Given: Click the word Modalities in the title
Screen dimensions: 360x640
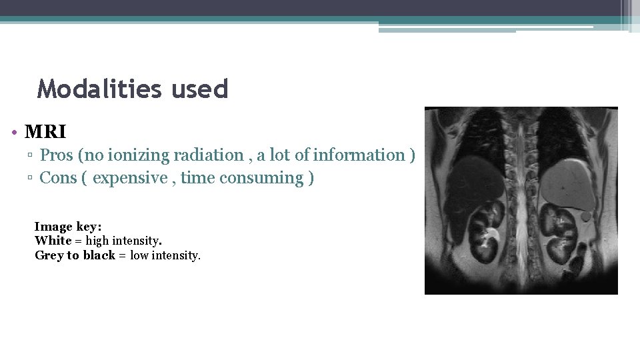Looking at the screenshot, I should (98, 89).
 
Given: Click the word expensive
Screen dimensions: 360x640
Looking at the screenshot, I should (130, 178).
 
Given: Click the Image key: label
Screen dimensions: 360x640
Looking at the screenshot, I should (67, 227).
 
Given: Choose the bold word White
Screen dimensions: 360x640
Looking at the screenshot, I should (53, 241).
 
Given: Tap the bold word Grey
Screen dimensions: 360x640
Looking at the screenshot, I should (49, 255).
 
